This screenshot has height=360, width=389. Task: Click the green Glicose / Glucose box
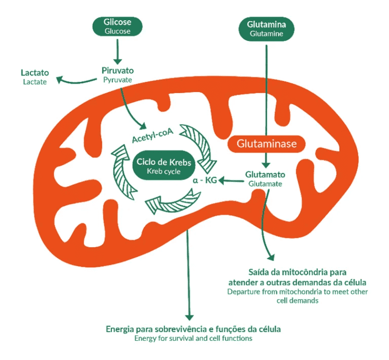click(118, 26)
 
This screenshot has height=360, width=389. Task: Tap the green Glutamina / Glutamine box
click(266, 29)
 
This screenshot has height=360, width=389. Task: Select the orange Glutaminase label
click(266, 144)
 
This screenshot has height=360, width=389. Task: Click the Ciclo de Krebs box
click(164, 165)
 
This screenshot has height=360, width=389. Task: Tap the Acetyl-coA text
click(152, 135)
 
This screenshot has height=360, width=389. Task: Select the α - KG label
click(205, 180)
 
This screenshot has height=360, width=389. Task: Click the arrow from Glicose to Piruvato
click(118, 52)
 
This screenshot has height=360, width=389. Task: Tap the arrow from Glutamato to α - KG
click(231, 180)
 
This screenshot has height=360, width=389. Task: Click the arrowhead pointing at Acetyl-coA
click(142, 127)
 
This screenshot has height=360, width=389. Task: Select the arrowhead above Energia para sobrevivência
click(189, 317)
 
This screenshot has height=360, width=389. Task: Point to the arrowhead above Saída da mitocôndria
click(271, 257)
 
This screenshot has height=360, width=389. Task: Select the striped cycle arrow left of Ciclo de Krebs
click(122, 171)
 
